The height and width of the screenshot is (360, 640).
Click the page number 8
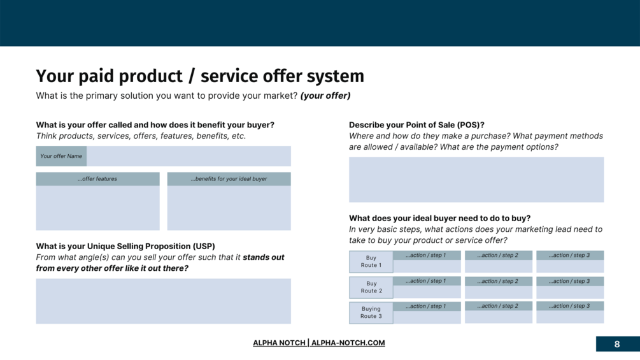point(616,344)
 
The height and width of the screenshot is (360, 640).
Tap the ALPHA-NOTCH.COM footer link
point(348,343)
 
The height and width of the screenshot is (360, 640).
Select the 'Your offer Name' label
point(61,156)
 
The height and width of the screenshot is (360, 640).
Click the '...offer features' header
point(97,179)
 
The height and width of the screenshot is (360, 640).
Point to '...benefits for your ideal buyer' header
point(229,179)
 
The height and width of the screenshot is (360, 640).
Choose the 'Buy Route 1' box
point(371,262)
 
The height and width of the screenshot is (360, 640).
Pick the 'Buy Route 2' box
point(371,287)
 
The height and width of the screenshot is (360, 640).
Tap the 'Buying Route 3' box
point(371,313)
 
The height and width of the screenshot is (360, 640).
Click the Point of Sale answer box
point(476,180)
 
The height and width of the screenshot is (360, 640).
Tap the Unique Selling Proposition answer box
point(163,301)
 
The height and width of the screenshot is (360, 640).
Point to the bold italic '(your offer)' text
point(325,96)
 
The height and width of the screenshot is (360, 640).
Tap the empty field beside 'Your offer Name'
point(188,156)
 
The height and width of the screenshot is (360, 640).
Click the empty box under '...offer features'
point(97,208)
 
